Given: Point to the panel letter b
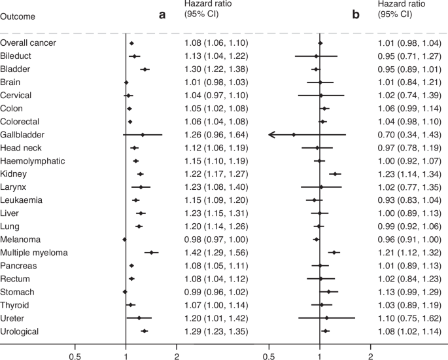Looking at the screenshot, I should point(356,13).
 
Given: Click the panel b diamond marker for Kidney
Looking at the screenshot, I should point(335,174).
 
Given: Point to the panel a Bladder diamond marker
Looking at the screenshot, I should point(145,69).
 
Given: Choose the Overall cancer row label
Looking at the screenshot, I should point(28,43).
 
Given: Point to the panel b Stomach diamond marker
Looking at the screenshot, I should point(328,292).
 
